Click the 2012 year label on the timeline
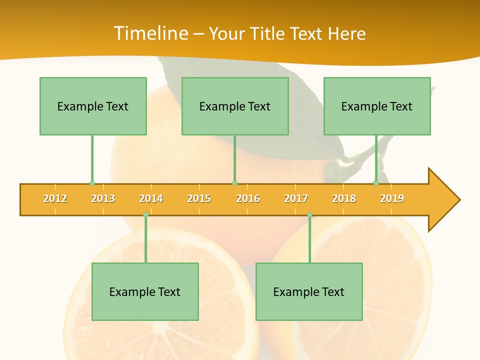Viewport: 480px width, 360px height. (x=55, y=198)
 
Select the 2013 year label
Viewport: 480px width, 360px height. (x=103, y=198)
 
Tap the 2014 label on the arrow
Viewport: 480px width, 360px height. (x=151, y=198)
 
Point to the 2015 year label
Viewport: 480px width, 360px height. (x=199, y=198)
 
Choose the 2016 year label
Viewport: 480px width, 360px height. (x=248, y=198)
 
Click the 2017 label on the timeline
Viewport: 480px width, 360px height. (x=296, y=198)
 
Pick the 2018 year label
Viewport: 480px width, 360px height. (x=344, y=198)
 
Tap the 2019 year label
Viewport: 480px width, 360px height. (x=392, y=198)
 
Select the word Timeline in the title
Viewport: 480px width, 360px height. (x=150, y=33)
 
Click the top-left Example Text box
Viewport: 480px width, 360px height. (x=93, y=106)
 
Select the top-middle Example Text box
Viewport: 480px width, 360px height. (x=235, y=106)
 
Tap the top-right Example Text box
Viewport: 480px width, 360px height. (x=377, y=106)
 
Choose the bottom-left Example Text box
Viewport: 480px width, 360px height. (x=145, y=291)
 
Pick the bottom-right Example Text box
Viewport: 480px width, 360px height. (x=309, y=291)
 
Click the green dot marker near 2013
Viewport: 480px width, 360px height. (x=92, y=183)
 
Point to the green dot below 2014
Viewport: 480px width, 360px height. (x=145, y=215)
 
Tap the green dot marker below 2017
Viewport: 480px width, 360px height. (x=309, y=215)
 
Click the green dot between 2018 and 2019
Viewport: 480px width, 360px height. (x=376, y=183)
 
